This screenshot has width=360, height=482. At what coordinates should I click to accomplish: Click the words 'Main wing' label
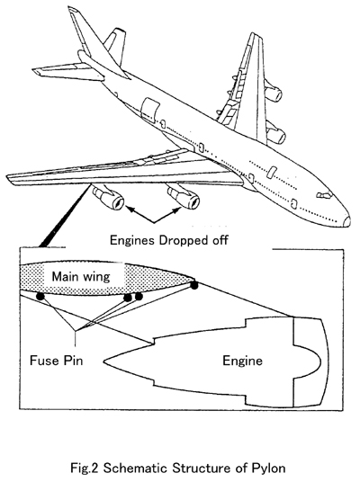[81, 276]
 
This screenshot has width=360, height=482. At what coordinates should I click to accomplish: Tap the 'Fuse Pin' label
[57, 361]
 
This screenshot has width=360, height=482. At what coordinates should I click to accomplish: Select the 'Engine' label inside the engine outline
[242, 361]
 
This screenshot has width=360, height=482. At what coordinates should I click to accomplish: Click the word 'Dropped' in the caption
[179, 240]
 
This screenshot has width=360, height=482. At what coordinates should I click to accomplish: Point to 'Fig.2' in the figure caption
[84, 469]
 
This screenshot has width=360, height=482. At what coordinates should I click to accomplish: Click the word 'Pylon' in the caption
[268, 469]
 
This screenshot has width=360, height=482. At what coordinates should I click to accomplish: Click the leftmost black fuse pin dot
[40, 296]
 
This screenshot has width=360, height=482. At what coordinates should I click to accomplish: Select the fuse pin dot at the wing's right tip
[193, 285]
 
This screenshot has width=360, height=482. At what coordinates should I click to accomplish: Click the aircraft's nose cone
[346, 220]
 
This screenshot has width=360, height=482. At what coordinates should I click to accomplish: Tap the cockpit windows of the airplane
[324, 194]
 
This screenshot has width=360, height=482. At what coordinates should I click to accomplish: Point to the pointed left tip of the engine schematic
[104, 361]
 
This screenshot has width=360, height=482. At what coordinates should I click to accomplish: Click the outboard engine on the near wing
[108, 198]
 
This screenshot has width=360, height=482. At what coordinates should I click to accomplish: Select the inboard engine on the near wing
[184, 197]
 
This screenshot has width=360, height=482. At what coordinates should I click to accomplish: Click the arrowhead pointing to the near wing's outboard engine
[130, 210]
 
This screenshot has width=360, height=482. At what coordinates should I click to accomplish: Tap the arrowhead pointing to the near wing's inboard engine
[177, 210]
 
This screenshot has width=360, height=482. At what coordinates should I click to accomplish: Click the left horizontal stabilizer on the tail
[68, 72]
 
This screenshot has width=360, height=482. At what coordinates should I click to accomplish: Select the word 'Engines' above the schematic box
[132, 241]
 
